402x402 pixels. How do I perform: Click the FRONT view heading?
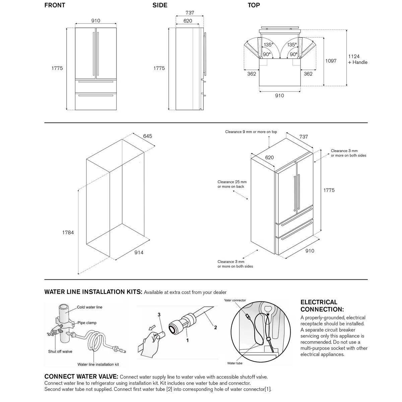click(55, 5)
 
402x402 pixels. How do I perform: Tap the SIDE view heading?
click(160, 5)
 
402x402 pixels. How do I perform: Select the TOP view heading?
click(254, 5)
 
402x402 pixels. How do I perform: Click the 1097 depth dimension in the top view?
click(331, 61)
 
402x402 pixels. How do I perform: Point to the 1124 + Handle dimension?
click(357, 60)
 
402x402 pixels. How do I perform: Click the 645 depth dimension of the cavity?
click(147, 136)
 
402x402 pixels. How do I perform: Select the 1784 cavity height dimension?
click(68, 232)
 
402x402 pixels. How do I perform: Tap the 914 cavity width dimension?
click(139, 253)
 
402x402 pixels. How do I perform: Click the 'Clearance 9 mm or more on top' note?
click(251, 132)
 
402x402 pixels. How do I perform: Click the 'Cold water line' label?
click(89, 307)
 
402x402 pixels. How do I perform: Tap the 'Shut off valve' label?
click(60, 351)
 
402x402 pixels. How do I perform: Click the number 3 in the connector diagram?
click(159, 314)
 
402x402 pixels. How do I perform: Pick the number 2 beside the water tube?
click(215, 327)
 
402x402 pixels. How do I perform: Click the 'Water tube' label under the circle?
click(234, 363)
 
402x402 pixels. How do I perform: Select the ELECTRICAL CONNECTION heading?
click(322, 306)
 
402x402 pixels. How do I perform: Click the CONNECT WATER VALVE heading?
click(81, 377)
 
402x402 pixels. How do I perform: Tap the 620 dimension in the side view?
click(188, 21)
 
